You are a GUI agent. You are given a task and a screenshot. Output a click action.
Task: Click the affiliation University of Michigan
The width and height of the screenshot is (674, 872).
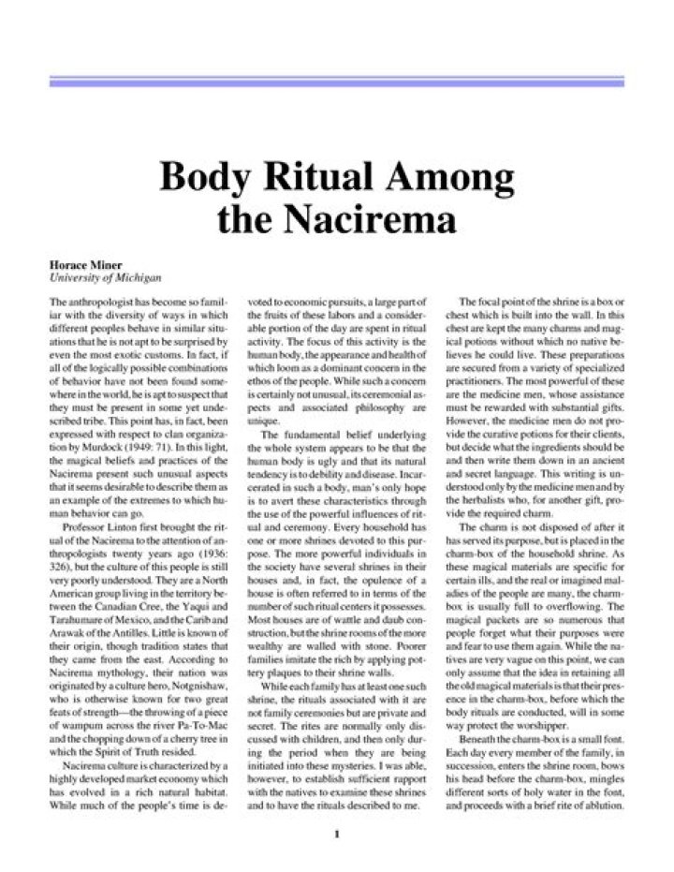click(106, 278)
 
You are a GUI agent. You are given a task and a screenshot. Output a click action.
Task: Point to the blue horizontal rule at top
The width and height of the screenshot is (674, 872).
click(336, 82)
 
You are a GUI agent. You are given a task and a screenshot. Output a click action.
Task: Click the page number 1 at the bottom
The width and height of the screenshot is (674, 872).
click(336, 833)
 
